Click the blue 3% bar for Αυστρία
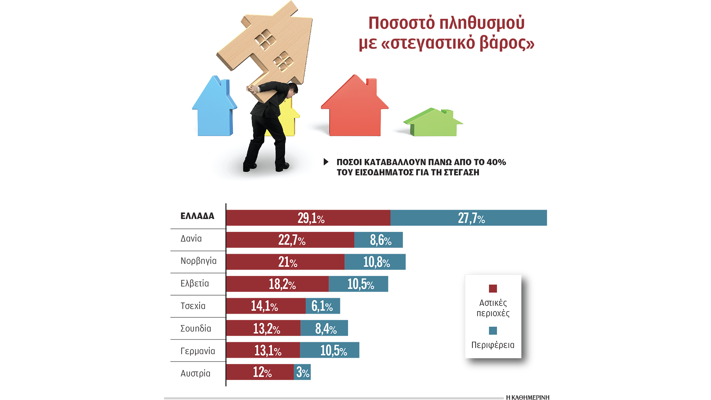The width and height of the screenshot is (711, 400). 302,372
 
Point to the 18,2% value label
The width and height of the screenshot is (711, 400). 282,284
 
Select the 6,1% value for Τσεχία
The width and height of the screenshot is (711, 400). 322,306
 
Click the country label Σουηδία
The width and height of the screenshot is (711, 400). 196,329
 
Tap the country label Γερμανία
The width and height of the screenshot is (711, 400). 197,351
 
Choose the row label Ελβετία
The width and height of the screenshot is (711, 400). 194,284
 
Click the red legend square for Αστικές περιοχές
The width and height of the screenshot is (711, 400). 493,289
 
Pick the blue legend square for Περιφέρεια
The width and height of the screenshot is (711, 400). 493,331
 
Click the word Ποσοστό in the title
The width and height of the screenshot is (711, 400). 401,23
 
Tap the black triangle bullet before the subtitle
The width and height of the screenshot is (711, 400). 326,162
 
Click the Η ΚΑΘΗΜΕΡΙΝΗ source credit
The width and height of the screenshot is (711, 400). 527,397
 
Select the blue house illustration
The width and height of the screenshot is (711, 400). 214,109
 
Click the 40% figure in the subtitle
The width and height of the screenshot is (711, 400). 496,162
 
